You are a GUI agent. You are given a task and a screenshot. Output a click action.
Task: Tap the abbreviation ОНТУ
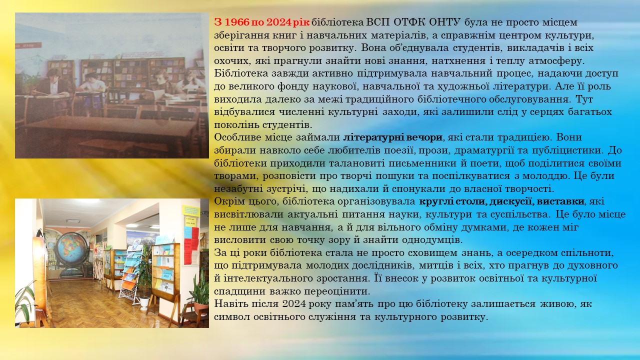click(444, 22)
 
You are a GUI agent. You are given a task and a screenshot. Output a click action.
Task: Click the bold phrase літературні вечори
click(393, 137)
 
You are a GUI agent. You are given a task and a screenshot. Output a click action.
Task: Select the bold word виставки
click(560, 201)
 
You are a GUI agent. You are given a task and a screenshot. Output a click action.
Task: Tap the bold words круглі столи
click(453, 201)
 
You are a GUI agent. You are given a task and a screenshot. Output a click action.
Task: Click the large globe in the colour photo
click(71, 248)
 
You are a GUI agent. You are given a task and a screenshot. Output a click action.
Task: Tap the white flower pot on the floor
click(145, 303)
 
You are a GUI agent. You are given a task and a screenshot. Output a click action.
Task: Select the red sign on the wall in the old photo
click(28, 45)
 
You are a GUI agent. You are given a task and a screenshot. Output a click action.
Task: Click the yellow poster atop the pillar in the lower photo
click(191, 211)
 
